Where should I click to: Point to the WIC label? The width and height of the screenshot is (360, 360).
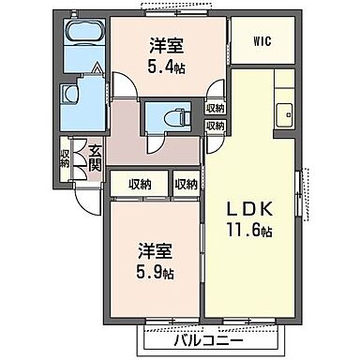coord(264,40)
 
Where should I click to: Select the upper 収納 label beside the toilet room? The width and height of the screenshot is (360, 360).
coord(215,108)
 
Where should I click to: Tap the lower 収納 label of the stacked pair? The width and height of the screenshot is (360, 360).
coord(215,125)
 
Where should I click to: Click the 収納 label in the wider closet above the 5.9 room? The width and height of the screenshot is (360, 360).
coord(141,185)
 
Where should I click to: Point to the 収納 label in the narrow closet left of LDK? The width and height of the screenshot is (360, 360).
coord(187,185)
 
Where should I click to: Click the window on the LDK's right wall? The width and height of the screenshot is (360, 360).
coord(299,192)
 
